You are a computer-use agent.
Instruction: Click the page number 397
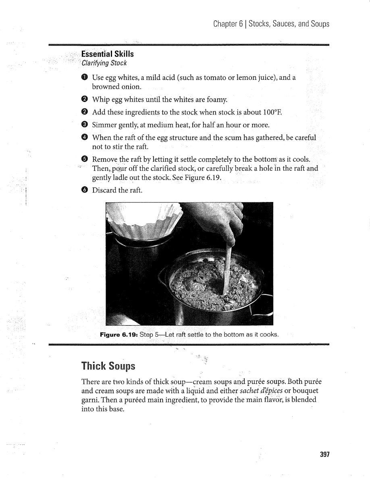coord(324,454)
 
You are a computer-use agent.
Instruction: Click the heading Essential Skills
coord(107,54)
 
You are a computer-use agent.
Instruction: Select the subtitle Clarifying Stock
coord(104,63)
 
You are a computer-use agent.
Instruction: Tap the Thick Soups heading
coord(108,366)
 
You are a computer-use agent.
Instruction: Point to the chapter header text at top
coord(271,24)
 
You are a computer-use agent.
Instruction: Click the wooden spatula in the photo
coord(228,266)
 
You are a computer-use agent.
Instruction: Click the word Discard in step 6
coord(104,190)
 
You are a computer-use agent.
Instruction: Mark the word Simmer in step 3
coord(105,125)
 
